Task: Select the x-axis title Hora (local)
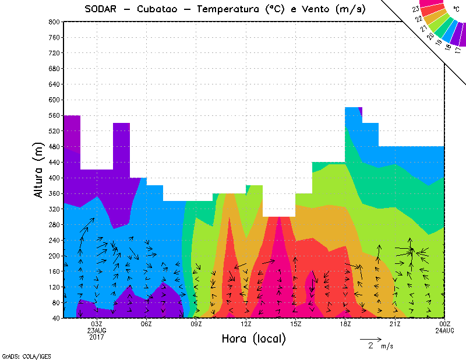[253, 338]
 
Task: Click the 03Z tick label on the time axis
[97, 324]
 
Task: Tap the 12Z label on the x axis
[246, 324]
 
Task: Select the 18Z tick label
[345, 324]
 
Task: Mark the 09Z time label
[196, 324]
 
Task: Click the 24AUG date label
[444, 330]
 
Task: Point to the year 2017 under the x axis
[97, 337]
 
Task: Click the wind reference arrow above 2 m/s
[370, 338]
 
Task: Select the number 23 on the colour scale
[415, 9]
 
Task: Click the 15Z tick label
[295, 324]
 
